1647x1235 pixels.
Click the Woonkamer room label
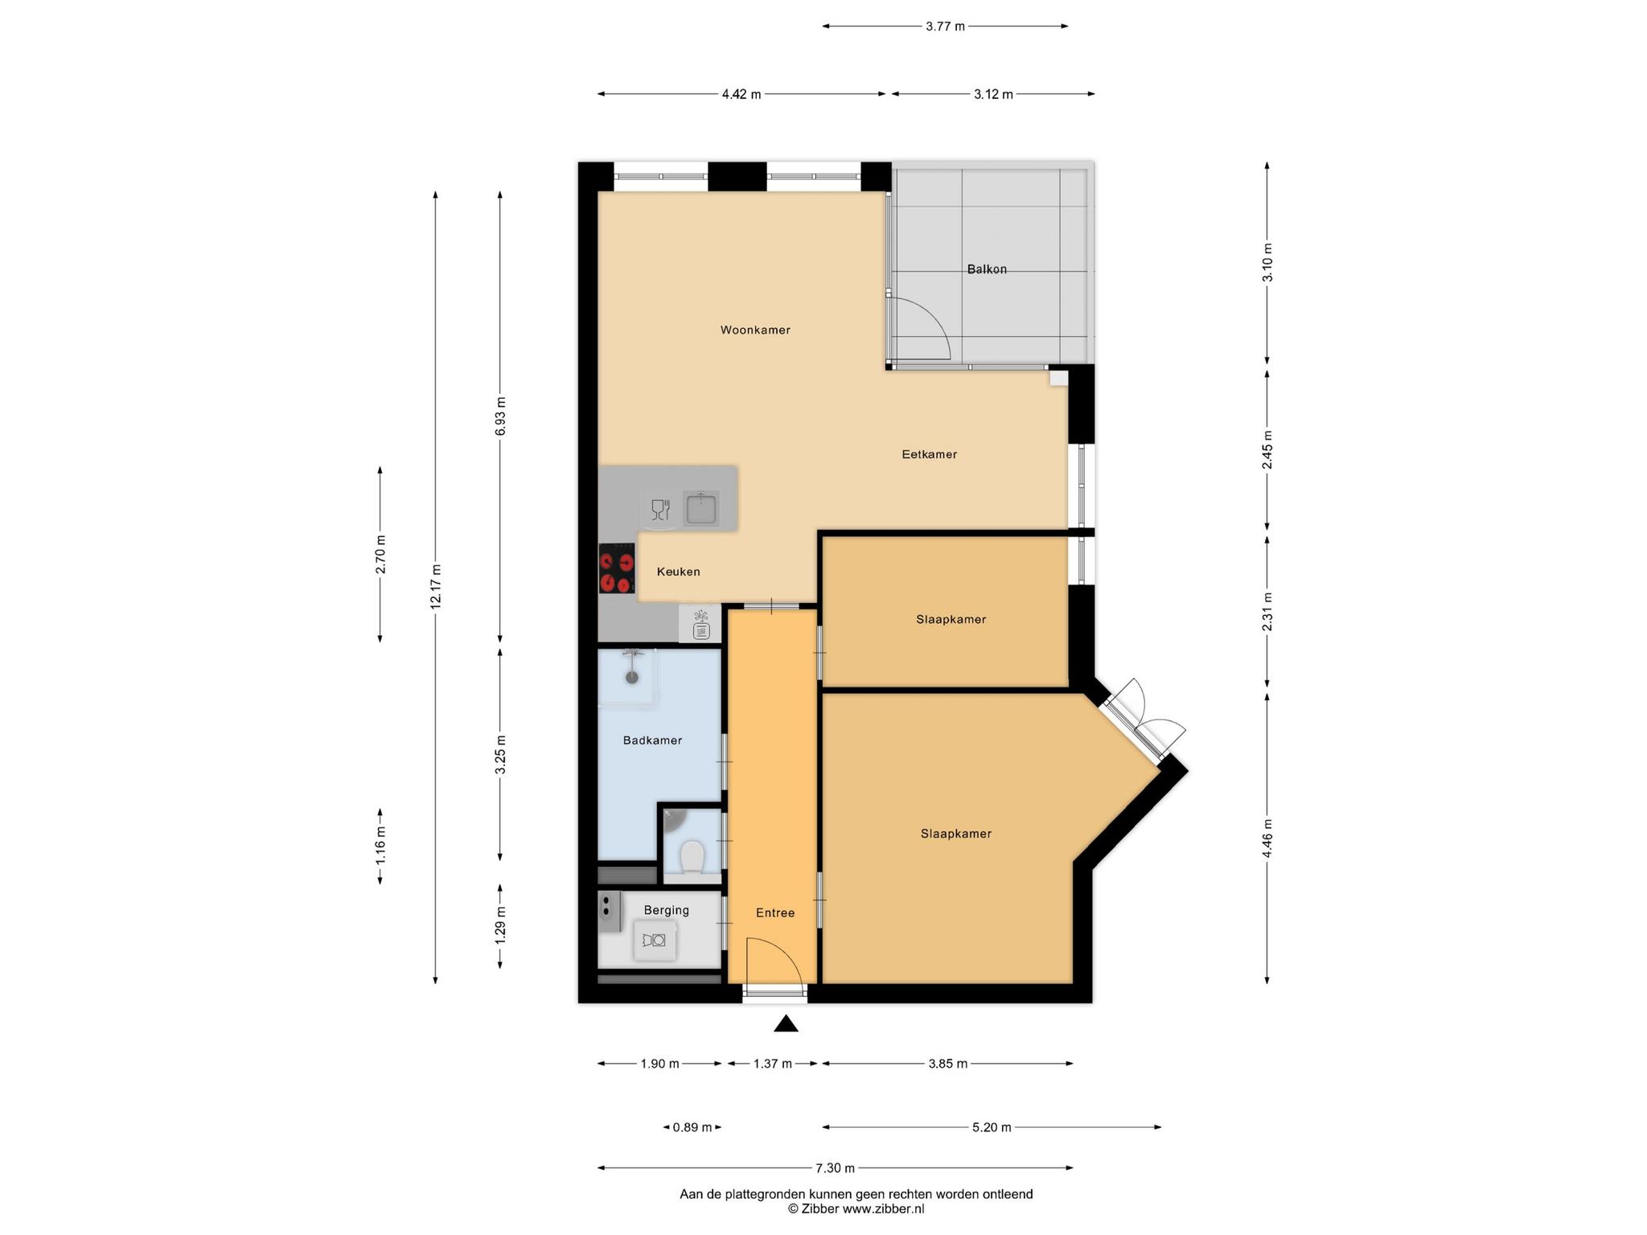(755, 330)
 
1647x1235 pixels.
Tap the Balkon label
(987, 269)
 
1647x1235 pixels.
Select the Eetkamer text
(929, 454)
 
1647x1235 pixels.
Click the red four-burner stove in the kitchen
(617, 568)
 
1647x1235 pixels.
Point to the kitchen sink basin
(701, 509)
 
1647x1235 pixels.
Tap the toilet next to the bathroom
(692, 857)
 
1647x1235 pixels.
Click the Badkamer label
(652, 741)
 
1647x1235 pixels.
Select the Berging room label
(667, 910)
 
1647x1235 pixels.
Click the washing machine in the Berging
(654, 940)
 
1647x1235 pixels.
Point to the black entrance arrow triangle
(786, 1024)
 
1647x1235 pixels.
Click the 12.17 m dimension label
(436, 587)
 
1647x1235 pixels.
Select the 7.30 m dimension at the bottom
(835, 1168)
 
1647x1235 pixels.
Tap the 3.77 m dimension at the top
(945, 27)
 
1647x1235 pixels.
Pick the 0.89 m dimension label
(692, 1127)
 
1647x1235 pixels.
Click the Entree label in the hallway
(775, 913)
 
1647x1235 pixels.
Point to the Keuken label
(679, 572)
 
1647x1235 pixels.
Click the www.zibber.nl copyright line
(856, 1208)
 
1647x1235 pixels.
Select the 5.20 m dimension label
(992, 1127)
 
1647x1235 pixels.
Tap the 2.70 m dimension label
(380, 554)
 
